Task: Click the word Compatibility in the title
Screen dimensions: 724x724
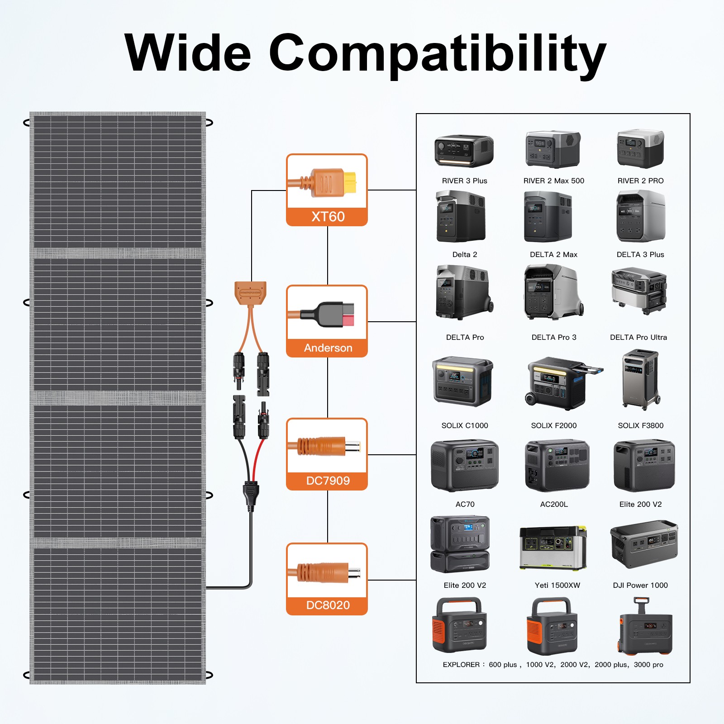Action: pyautogui.click(x=438, y=55)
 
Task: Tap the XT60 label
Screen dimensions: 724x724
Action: pyautogui.click(x=328, y=217)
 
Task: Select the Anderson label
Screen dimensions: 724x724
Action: pyautogui.click(x=328, y=348)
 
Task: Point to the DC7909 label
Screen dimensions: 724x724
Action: pyautogui.click(x=328, y=481)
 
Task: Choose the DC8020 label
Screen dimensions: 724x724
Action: pyautogui.click(x=328, y=605)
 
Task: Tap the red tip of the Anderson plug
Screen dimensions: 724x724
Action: pyautogui.click(x=348, y=320)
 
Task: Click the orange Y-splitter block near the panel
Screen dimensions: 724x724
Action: pyautogui.click(x=250, y=293)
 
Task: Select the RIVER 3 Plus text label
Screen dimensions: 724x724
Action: pyautogui.click(x=465, y=181)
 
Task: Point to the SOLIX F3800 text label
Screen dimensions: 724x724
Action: pyautogui.click(x=641, y=425)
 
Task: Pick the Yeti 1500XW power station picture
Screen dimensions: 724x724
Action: pyautogui.click(x=553, y=548)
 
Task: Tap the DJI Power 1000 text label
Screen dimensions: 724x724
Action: pyautogui.click(x=640, y=585)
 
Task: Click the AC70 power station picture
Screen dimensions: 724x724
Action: pyautogui.click(x=465, y=466)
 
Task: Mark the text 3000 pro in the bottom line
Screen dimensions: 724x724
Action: pyautogui.click(x=648, y=665)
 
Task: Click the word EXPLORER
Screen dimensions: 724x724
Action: pyautogui.click(x=461, y=665)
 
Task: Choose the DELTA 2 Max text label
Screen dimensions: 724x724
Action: pyautogui.click(x=554, y=255)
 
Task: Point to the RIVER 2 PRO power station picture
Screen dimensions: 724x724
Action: pyautogui.click(x=640, y=149)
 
